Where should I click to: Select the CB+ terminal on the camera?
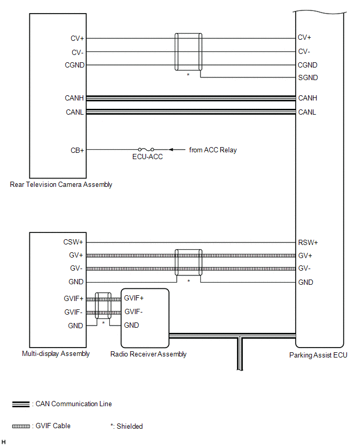[x=78, y=150]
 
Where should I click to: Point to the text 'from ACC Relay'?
[x=213, y=150]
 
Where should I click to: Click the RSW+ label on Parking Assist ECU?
[x=308, y=242]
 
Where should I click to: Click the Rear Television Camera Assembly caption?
[x=61, y=184]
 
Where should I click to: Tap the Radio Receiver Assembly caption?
[x=148, y=354]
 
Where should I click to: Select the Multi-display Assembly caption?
[x=56, y=353]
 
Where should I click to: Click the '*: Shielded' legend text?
[x=127, y=426]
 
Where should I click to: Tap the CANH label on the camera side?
[x=75, y=98]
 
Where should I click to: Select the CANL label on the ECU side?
[x=307, y=112]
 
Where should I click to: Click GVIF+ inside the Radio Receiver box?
[x=134, y=298]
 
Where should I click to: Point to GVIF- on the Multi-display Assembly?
[x=74, y=311]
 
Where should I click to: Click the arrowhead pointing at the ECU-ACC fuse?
[x=172, y=150]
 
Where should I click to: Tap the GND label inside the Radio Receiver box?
[x=131, y=325]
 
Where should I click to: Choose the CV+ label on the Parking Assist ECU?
[x=305, y=38]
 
